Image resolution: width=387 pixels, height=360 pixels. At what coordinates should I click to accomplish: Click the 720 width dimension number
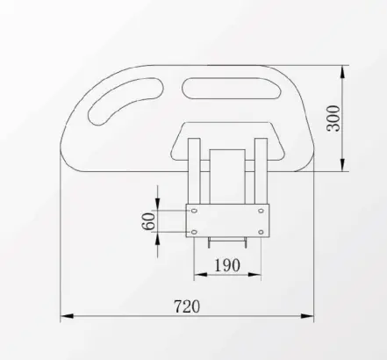pyautogui.click(x=187, y=306)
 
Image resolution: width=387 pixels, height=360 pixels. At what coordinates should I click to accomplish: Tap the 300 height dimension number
pyautogui.click(x=333, y=117)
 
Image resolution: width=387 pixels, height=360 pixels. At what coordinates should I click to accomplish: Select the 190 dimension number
pyautogui.click(x=226, y=263)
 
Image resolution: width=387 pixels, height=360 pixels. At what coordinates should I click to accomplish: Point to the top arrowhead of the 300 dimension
pyautogui.click(x=343, y=68)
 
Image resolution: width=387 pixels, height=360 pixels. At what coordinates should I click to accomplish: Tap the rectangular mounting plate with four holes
pyautogui.click(x=227, y=221)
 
